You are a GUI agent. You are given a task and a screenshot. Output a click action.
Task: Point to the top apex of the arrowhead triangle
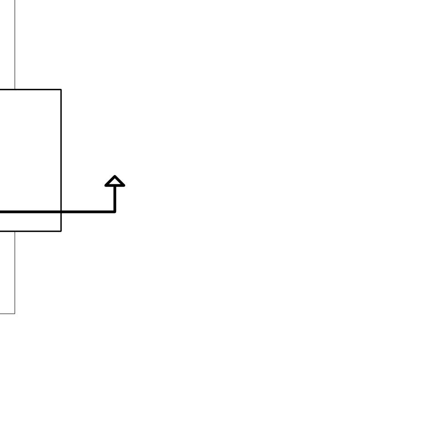(115, 176)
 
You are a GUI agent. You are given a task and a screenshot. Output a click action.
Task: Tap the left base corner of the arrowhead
(106, 186)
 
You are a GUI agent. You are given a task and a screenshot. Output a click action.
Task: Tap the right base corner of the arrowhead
(124, 186)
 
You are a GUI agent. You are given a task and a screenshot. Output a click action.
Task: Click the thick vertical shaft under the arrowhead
(115, 198)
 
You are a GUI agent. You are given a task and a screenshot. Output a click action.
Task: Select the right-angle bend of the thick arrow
(115, 212)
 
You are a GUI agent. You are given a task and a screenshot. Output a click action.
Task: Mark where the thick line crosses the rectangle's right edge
(61, 212)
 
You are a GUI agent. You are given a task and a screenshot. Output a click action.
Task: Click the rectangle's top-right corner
(61, 89)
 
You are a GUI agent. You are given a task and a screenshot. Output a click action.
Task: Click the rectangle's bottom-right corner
(61, 231)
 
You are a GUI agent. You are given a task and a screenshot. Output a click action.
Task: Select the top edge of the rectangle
(36, 89)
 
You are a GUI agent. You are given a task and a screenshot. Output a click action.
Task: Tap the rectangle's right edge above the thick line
(61, 150)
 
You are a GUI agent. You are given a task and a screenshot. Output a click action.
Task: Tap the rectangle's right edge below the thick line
(61, 222)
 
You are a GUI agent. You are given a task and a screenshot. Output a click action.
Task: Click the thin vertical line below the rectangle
(15, 274)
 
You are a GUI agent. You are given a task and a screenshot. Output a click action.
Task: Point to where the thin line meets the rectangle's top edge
(15, 89)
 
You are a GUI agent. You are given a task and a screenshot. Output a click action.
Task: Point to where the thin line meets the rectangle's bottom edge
(15, 231)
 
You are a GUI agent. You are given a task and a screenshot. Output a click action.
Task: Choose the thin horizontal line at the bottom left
(7, 314)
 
